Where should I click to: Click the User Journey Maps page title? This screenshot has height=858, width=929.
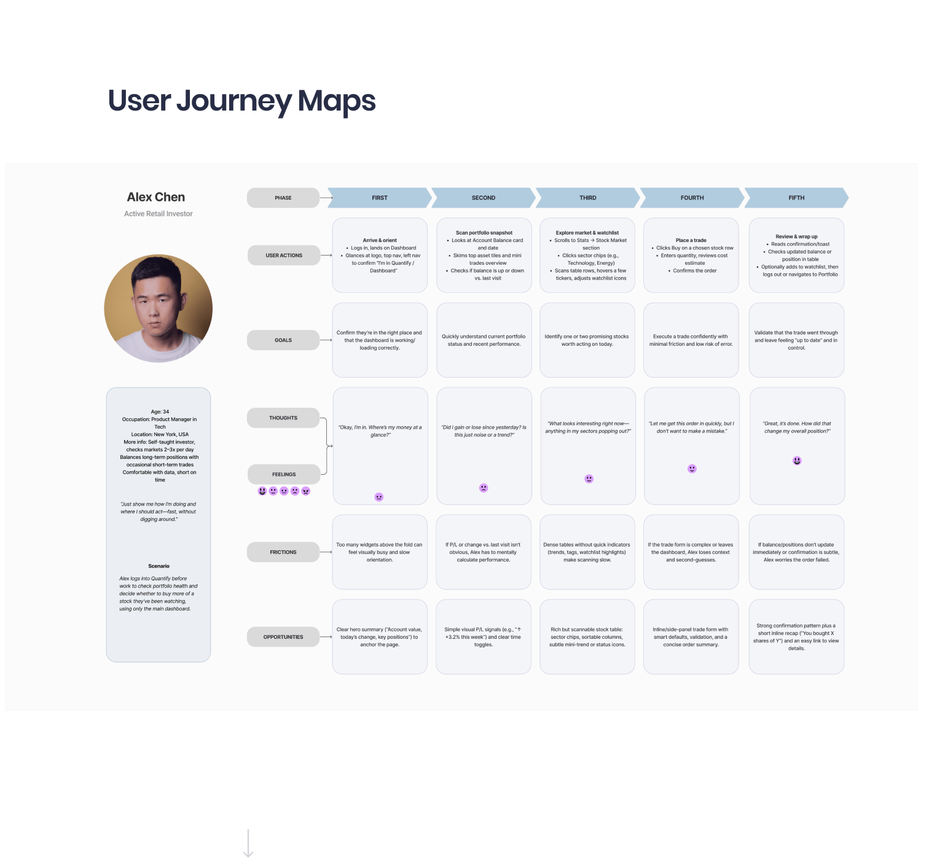click(x=241, y=101)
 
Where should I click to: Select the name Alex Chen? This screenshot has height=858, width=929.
click(x=156, y=197)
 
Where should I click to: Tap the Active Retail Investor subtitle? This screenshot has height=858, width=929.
click(x=159, y=214)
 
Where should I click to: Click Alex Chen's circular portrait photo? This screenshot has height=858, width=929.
click(x=159, y=308)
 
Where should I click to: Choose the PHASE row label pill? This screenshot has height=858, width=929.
click(x=283, y=198)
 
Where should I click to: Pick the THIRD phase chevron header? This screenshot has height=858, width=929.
click(x=587, y=198)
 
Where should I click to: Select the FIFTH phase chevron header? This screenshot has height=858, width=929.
click(x=796, y=198)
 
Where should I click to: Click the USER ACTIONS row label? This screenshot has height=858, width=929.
click(x=284, y=255)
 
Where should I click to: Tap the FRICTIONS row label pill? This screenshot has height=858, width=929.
click(x=283, y=552)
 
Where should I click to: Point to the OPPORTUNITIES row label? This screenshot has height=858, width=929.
click(x=283, y=637)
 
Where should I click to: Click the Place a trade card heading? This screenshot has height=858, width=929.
click(x=691, y=240)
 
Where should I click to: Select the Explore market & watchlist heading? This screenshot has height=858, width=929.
click(x=587, y=233)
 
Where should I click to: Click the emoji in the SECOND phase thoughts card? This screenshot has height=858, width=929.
click(x=484, y=488)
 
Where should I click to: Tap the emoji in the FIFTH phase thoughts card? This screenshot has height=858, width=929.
click(x=797, y=461)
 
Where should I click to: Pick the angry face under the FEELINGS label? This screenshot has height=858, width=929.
click(x=306, y=491)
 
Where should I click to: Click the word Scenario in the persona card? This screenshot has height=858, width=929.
click(x=159, y=566)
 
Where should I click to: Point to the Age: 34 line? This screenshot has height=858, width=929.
click(x=160, y=411)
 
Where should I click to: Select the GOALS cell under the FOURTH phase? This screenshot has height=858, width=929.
click(x=691, y=340)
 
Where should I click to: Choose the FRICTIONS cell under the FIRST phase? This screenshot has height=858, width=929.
click(x=380, y=552)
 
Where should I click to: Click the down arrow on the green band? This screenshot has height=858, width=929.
click(x=248, y=844)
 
